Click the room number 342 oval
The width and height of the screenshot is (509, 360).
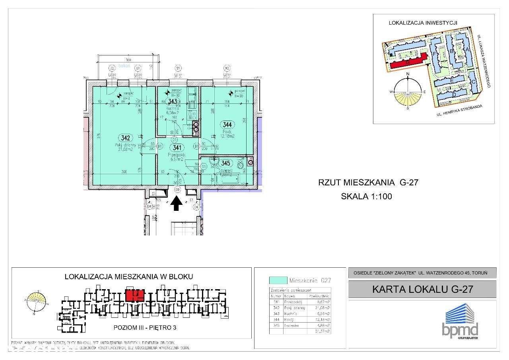point(126,138)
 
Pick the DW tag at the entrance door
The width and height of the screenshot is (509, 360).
point(177,191)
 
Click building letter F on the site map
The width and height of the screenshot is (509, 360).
point(435,52)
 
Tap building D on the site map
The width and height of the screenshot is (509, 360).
point(454,95)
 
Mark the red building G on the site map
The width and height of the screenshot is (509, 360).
point(408,62)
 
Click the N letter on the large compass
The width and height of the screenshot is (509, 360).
point(407,74)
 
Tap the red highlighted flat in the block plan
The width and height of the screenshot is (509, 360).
point(134,296)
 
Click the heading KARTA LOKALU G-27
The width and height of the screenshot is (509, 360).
point(422,289)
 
